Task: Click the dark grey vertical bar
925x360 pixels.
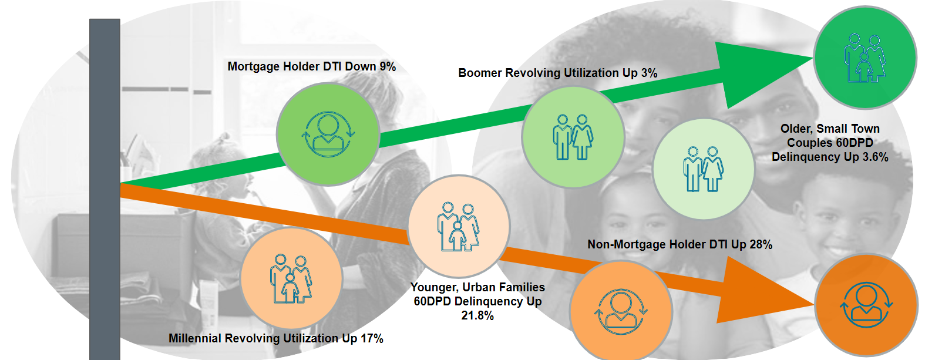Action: (105, 189)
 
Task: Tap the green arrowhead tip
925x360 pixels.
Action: (813, 58)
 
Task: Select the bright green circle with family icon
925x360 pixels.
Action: (866, 58)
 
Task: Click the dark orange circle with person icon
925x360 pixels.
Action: (866, 305)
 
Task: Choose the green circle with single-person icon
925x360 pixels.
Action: (328, 134)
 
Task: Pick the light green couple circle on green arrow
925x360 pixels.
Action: (573, 137)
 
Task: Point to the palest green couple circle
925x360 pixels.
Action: (704, 169)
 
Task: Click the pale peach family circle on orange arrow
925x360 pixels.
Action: (459, 226)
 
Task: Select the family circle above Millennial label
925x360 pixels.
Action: (291, 278)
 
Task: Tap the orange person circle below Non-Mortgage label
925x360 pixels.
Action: (621, 311)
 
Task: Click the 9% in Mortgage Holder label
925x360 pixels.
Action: (388, 66)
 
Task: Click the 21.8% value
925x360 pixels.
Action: (477, 316)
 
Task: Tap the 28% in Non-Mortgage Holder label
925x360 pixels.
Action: (761, 244)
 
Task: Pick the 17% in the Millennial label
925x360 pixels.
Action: (372, 338)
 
